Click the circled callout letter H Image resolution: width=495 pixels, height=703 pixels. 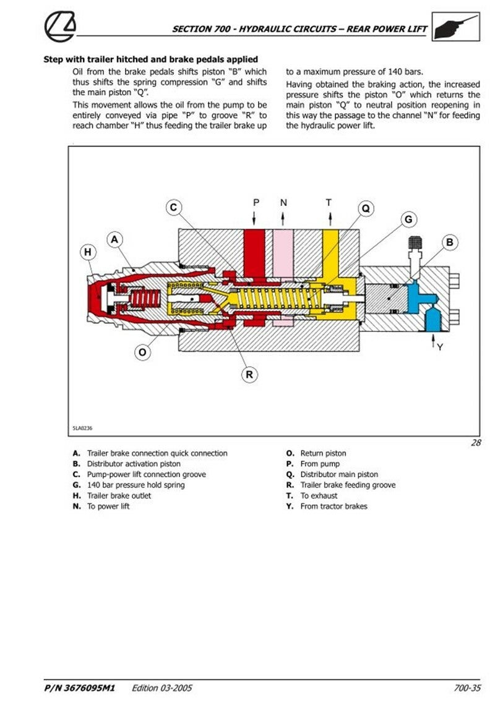(88, 252)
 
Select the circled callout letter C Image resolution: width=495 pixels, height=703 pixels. (174, 208)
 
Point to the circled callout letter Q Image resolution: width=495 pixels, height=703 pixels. (365, 209)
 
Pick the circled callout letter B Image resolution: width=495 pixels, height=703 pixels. (450, 242)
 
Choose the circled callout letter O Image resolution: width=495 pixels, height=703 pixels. (143, 352)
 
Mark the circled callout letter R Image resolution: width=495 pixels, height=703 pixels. (249, 373)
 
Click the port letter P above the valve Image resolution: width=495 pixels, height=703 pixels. (257, 202)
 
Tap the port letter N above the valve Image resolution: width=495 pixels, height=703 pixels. (283, 202)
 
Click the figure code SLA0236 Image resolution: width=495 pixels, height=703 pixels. (83, 427)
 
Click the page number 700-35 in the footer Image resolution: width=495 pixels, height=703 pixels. (467, 687)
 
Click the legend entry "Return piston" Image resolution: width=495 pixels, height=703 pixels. (323, 453)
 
